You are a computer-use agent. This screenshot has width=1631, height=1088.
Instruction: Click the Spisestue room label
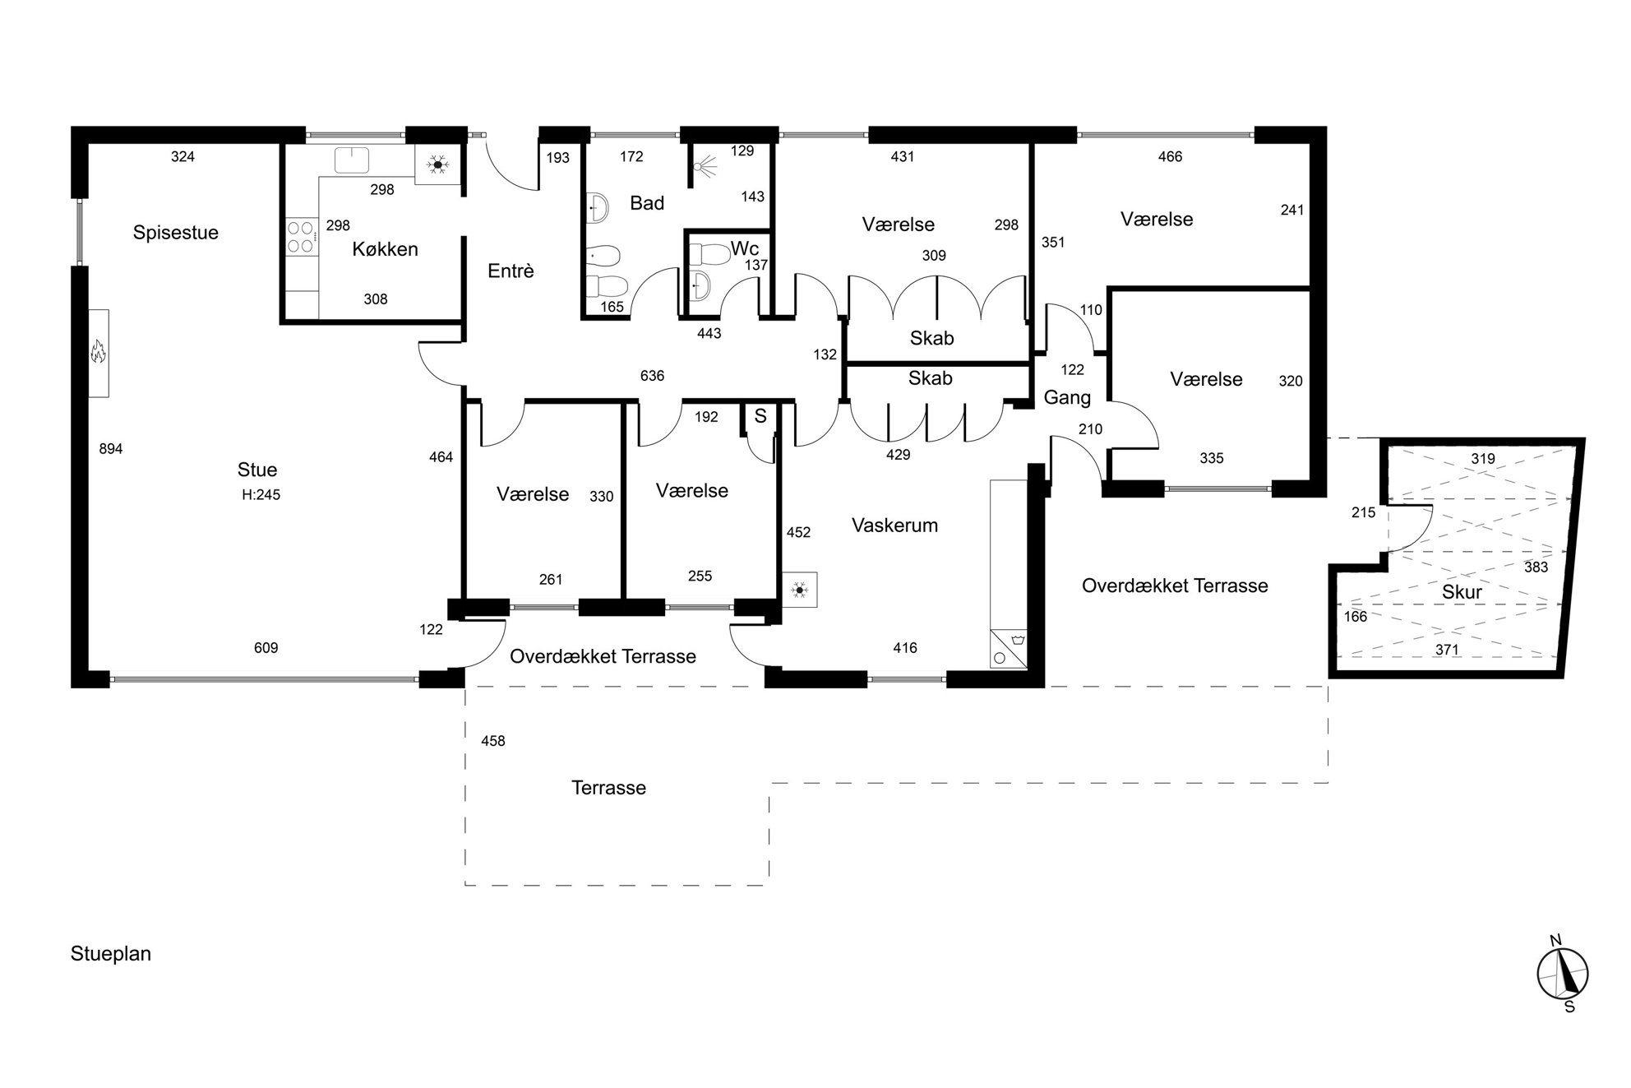point(176,233)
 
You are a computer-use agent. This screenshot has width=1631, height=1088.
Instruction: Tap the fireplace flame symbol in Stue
point(99,352)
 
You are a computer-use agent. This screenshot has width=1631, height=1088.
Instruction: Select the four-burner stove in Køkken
point(302,236)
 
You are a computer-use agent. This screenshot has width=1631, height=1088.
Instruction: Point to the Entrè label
point(511,271)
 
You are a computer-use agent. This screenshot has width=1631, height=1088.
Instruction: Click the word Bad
point(647,203)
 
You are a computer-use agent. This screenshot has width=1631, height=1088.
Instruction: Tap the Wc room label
point(744,248)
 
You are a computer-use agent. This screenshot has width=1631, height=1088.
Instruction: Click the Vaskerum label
point(894,525)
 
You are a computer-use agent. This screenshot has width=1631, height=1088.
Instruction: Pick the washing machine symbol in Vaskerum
point(1009,648)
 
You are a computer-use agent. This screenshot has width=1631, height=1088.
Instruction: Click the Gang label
point(1067,398)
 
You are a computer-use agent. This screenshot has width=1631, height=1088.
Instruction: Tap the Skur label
point(1462,592)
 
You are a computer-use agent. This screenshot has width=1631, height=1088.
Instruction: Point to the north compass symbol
point(1562,974)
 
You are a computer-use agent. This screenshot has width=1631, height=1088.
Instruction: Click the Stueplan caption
point(111,954)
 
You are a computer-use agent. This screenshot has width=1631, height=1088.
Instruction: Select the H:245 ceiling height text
point(261,495)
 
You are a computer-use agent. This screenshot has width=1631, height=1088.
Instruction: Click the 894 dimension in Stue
point(111,449)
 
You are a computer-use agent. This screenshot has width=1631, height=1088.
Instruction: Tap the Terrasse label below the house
point(608,788)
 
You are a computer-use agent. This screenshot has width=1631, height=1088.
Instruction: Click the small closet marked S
point(760,417)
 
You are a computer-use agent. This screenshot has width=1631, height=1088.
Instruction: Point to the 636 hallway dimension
point(652,376)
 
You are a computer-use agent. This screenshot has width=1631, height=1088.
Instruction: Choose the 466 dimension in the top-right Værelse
point(1170,157)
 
